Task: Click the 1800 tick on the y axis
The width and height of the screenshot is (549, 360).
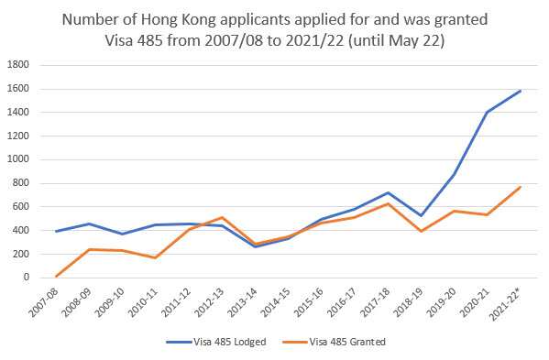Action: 19,65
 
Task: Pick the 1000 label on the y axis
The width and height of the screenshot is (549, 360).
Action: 19,159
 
